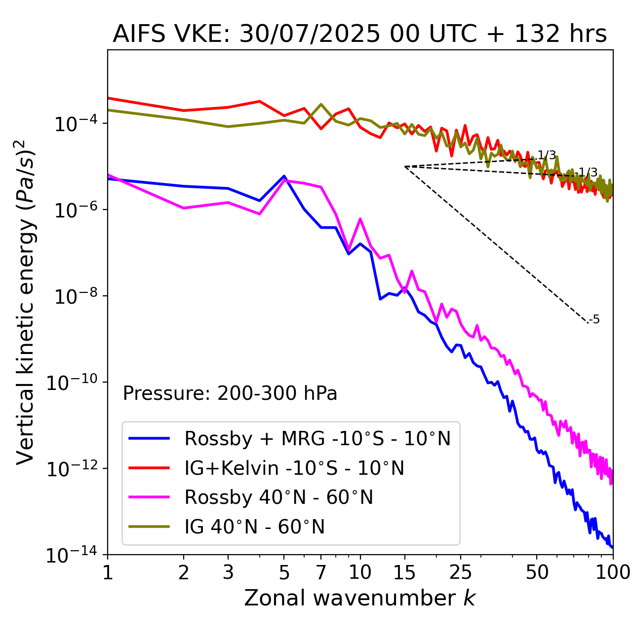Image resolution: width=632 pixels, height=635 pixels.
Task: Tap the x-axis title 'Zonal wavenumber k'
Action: click(x=359, y=598)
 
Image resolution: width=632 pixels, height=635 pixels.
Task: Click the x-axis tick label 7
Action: click(x=321, y=573)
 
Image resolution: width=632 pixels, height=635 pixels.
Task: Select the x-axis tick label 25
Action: click(x=460, y=573)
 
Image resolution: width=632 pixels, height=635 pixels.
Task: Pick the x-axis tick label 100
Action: click(x=612, y=573)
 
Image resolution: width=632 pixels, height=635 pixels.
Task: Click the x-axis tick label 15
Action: click(x=404, y=573)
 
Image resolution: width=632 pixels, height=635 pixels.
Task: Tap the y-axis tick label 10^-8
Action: click(x=74, y=297)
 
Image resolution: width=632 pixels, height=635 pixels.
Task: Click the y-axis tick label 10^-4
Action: click(x=74, y=124)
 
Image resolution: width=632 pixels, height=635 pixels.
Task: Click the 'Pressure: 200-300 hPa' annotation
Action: click(x=230, y=393)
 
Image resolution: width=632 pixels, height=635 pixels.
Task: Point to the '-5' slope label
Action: click(x=594, y=319)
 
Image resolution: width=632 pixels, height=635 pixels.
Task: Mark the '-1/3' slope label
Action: click(x=588, y=173)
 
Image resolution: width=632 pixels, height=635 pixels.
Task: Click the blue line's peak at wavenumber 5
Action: click(x=284, y=176)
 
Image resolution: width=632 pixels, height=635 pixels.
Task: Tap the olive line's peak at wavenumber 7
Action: click(x=321, y=105)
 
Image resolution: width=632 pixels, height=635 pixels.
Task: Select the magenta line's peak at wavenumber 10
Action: click(x=360, y=219)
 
